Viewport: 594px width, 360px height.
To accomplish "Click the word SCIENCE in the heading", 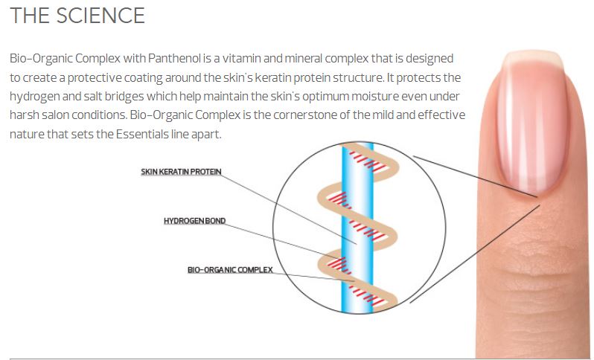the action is coord(100,15).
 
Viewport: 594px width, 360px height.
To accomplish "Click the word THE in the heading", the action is coord(29,15).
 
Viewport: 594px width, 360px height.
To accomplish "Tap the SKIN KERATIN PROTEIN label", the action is coord(181,172).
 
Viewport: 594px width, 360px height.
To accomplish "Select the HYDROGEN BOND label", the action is coord(195,221).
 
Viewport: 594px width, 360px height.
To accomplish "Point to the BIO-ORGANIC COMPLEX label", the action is coord(230,270).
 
